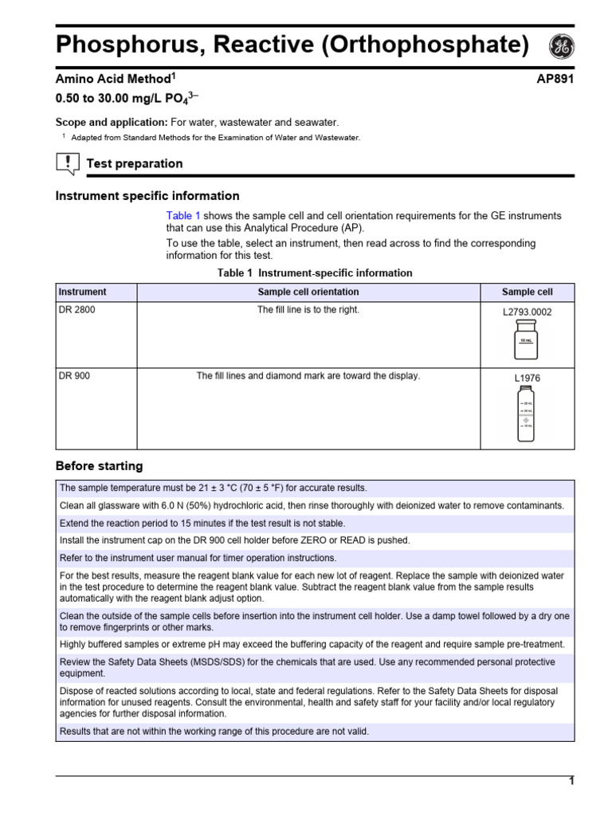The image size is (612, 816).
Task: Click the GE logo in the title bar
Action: point(561,47)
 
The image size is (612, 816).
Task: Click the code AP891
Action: point(555,79)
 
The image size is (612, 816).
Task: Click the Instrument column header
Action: point(82,292)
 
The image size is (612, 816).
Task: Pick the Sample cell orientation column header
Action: point(308,292)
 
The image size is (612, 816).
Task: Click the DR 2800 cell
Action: point(77,310)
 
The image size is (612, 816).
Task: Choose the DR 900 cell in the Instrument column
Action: point(75,376)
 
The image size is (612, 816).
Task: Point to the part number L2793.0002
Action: point(527,312)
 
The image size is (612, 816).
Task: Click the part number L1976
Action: point(527,379)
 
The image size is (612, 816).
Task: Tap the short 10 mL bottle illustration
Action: point(527,340)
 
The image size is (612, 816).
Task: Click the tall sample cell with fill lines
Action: point(527,414)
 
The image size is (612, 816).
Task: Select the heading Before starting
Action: point(99,466)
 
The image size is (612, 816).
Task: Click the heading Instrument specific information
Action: point(147,196)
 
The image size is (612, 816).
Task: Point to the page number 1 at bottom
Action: point(571,781)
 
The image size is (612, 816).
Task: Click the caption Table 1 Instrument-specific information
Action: point(315,273)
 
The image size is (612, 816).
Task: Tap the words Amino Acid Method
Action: point(112,79)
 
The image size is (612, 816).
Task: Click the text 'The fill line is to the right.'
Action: point(308,310)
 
